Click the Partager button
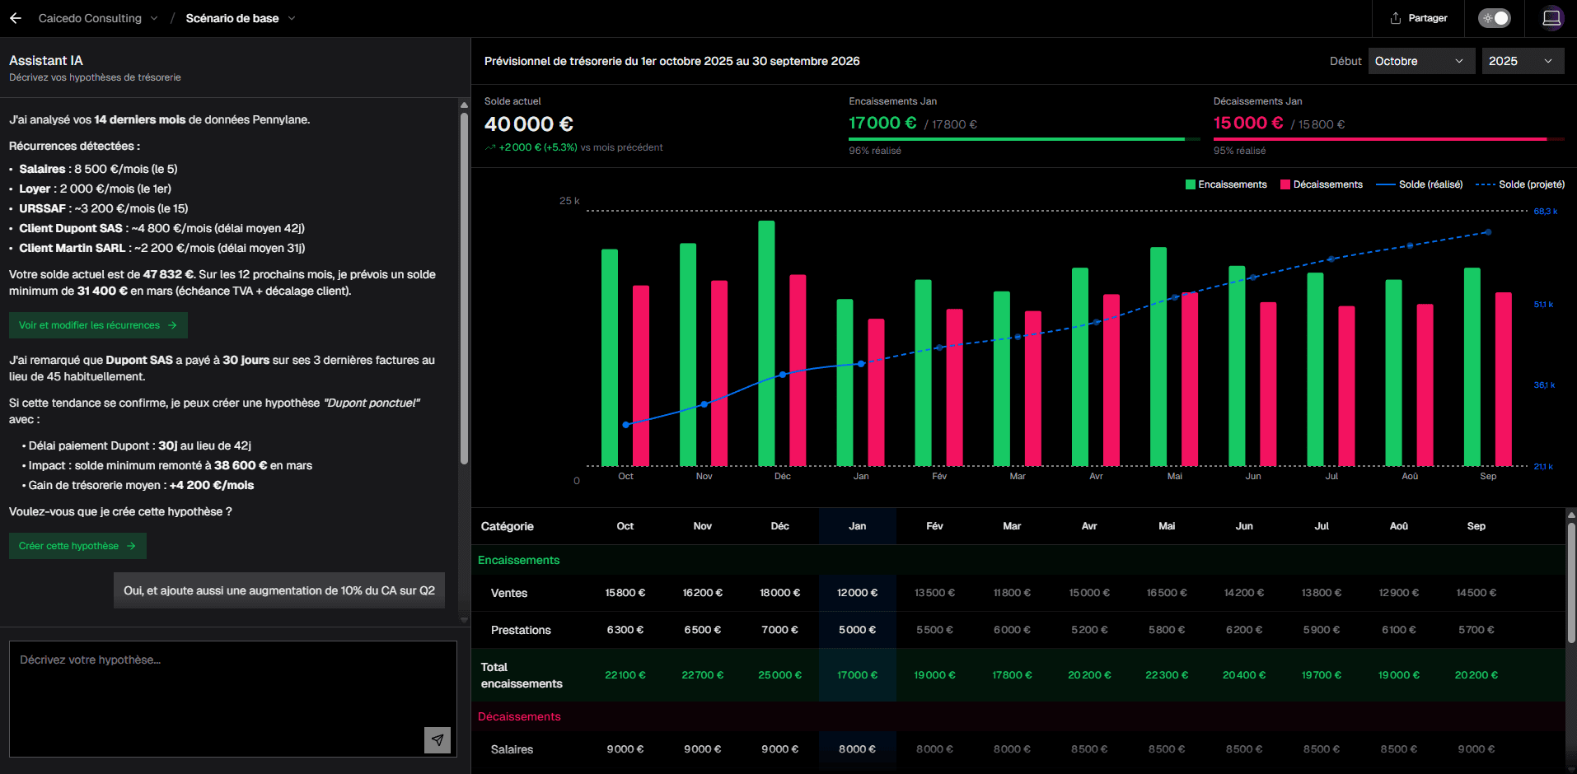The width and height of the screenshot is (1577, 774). pyautogui.click(x=1418, y=18)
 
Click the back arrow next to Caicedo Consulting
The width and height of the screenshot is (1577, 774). pyautogui.click(x=16, y=18)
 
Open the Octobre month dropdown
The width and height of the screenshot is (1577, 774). pyautogui.click(x=1420, y=61)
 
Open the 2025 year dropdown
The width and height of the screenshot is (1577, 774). pyautogui.click(x=1521, y=61)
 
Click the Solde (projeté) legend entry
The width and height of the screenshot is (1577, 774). pyautogui.click(x=1520, y=184)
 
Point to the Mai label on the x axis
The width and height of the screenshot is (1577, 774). pyautogui.click(x=1174, y=476)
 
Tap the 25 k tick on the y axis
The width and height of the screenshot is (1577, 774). pyautogui.click(x=569, y=201)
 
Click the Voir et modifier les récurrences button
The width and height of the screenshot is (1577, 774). pyautogui.click(x=98, y=325)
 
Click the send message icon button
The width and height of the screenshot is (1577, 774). pyautogui.click(x=438, y=739)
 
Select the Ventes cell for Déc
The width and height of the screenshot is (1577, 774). pyautogui.click(x=779, y=593)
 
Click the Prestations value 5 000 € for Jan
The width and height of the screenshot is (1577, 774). pyautogui.click(x=857, y=630)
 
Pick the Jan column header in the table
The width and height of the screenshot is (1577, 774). pyautogui.click(x=857, y=526)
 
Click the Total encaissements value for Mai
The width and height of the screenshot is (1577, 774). pyautogui.click(x=1167, y=675)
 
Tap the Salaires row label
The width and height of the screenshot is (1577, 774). pyautogui.click(x=512, y=749)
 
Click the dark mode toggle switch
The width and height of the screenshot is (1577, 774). pyautogui.click(x=1494, y=18)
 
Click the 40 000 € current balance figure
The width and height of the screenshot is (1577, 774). pyautogui.click(x=528, y=124)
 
